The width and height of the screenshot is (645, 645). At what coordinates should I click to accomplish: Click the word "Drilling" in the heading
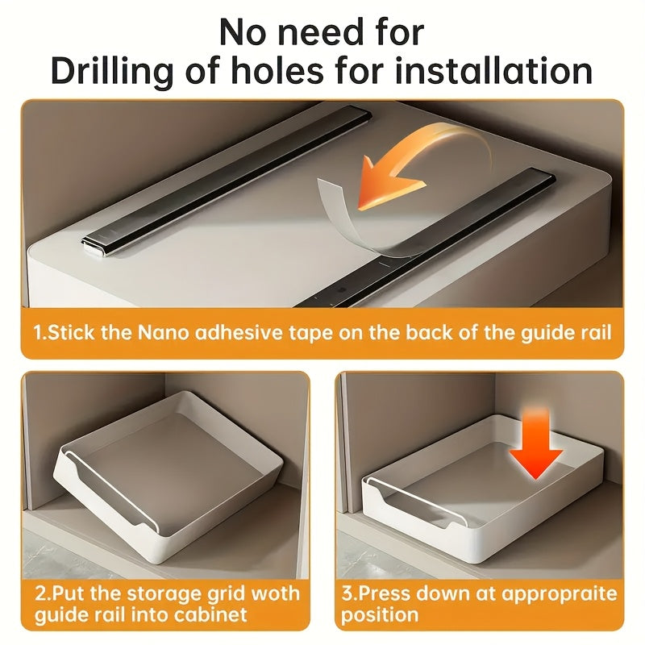click(x=112, y=71)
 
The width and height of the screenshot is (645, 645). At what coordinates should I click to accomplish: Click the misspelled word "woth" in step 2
click(x=275, y=593)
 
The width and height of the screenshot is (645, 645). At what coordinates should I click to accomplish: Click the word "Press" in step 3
click(x=384, y=593)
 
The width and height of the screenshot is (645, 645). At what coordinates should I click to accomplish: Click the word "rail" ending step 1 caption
click(x=597, y=332)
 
